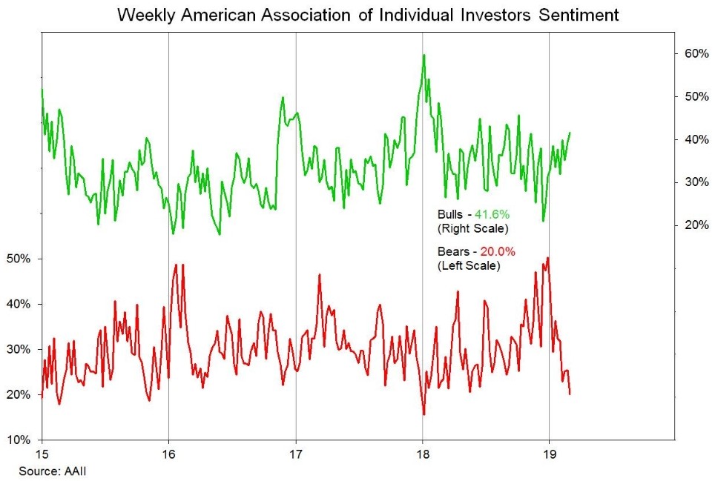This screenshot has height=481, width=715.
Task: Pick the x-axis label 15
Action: coord(42,453)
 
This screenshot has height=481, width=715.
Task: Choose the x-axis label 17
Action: coord(296,453)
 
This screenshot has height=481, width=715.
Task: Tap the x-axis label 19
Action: coord(549,453)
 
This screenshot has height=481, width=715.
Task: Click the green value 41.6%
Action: coord(492,214)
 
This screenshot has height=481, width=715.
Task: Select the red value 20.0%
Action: coord(498,252)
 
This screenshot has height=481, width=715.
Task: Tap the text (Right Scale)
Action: coord(472,228)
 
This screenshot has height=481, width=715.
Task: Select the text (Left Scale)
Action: coord(469,265)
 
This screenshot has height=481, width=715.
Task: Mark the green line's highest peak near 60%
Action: coord(424,55)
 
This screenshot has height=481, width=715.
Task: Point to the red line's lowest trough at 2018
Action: coord(424,414)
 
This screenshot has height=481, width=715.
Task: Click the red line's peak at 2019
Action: coord(547,258)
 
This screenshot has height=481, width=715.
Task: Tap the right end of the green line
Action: coord(570,133)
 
